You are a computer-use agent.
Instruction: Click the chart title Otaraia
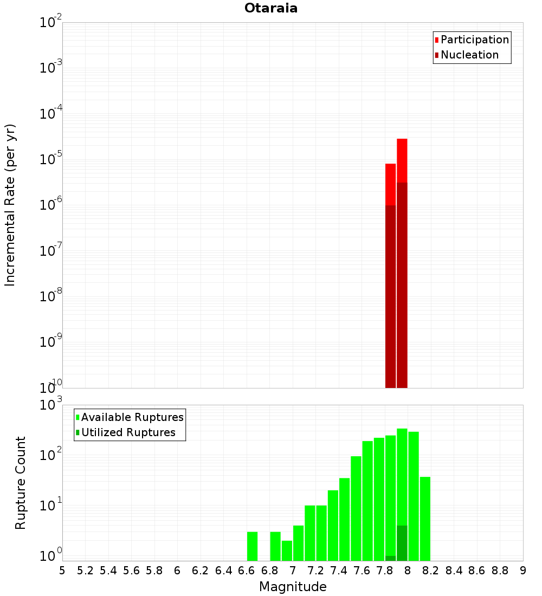[x=271, y=8]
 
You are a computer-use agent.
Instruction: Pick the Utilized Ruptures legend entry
[x=128, y=433]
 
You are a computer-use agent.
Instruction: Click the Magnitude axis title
[x=293, y=587]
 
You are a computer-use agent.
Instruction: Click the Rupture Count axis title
[x=21, y=483]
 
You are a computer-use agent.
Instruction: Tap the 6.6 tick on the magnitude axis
[x=247, y=571]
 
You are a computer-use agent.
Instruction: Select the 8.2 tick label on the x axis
[x=431, y=571]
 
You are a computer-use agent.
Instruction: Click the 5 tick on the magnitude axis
[x=62, y=571]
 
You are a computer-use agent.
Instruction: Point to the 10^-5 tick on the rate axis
[x=51, y=159]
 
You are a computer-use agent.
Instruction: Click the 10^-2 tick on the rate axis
[x=51, y=22]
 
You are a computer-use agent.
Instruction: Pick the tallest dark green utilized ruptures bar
[x=402, y=543]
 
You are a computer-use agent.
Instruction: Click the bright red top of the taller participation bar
[x=402, y=160]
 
